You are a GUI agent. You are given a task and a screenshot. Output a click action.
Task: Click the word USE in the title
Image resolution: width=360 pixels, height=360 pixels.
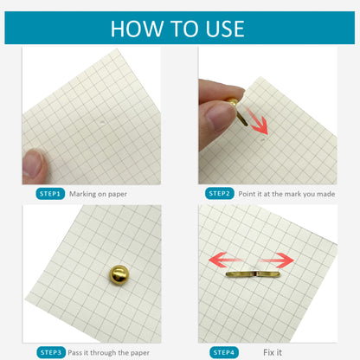pos(225,29)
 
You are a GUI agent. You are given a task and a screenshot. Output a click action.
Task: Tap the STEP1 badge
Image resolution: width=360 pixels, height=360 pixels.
pos(50,194)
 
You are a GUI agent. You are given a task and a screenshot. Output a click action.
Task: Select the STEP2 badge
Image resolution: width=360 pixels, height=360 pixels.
pos(219,193)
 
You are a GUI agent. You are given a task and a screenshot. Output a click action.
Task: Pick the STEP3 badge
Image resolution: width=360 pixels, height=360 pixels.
pos(51,352)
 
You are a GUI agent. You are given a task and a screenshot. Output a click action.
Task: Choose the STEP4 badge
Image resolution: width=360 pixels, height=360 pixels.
pos(224,352)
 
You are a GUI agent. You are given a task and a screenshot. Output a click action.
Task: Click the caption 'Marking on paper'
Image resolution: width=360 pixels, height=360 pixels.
pos(98,194)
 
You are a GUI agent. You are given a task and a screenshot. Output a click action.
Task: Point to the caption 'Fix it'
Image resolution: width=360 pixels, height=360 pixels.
pos(273,352)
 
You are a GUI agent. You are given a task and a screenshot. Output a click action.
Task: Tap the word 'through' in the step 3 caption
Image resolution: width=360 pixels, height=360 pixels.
pos(103,352)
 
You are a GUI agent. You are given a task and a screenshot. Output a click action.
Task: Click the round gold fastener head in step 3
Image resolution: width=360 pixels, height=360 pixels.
pos(119,274)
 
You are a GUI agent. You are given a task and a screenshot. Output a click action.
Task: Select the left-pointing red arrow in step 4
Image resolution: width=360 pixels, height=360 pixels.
pos(226,260)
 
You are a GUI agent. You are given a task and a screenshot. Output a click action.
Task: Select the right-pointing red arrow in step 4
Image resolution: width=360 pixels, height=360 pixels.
pos(276,260)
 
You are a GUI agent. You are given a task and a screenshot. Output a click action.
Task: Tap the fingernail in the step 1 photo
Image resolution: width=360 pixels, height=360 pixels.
pos(33,164)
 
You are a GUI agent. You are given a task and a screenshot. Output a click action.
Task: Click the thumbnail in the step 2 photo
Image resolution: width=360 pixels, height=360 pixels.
pos(220,116)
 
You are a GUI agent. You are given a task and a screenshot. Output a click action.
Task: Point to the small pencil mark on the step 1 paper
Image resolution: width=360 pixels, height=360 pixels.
pos(102,122)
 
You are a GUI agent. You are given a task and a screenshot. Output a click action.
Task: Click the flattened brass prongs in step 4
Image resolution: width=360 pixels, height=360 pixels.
pos(253,273)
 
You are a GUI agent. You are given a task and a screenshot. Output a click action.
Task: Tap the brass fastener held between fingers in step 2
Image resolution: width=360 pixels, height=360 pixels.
pos(237,111)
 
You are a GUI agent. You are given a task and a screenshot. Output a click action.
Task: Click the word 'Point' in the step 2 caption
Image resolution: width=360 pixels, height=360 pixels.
pos(247,194)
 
